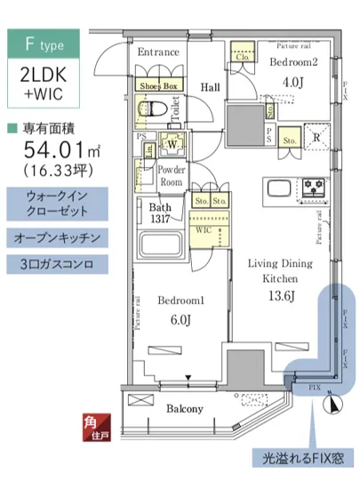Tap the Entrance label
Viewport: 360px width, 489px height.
tap(157, 52)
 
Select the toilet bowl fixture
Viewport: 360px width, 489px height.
tap(152, 108)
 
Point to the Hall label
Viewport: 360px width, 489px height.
tap(210, 87)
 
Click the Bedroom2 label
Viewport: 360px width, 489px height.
tap(292, 64)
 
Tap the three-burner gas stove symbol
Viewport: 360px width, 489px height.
tap(315, 188)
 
